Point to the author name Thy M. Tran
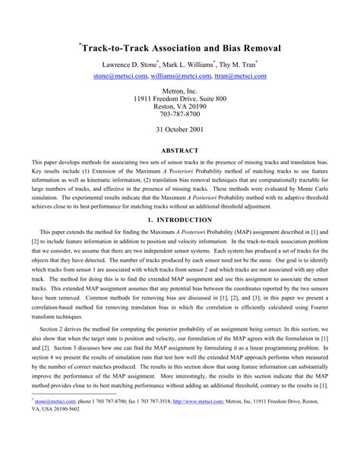(240, 65)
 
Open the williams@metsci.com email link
(180, 76)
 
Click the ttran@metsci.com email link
(242, 76)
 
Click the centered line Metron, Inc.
(180, 90)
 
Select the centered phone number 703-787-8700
(180, 116)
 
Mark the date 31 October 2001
(180, 130)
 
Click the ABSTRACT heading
(180, 151)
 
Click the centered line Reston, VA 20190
(180, 107)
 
